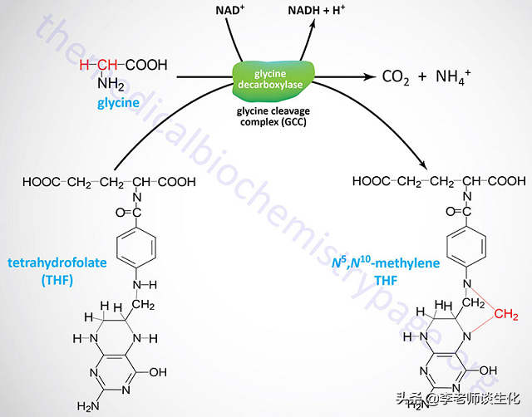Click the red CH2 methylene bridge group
point(503,314)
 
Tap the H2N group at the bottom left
point(89,405)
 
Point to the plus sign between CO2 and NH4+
point(423,77)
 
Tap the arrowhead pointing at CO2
point(368,76)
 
